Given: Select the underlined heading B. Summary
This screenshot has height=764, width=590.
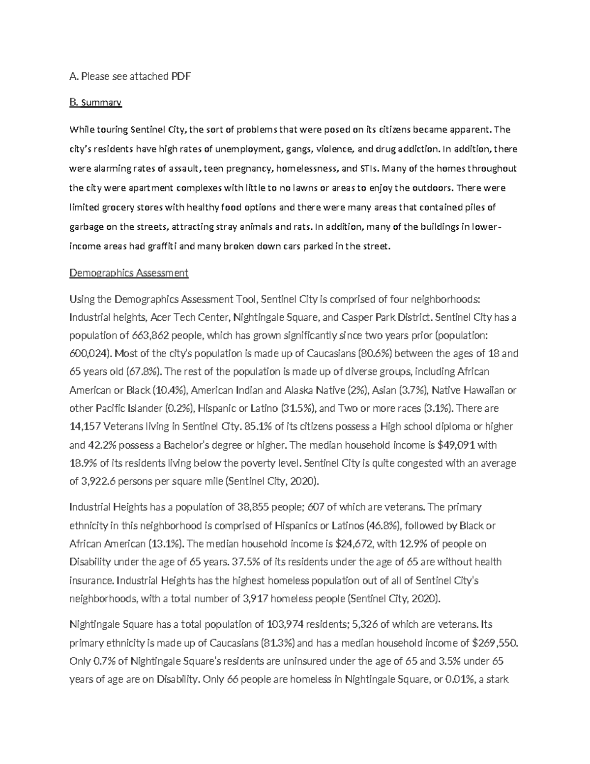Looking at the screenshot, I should click(95, 102).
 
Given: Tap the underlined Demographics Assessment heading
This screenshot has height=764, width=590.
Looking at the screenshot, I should click(129, 273).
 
